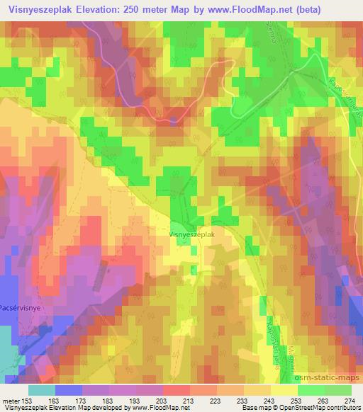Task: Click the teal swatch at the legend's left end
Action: point(41,390)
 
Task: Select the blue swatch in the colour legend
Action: point(69,390)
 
